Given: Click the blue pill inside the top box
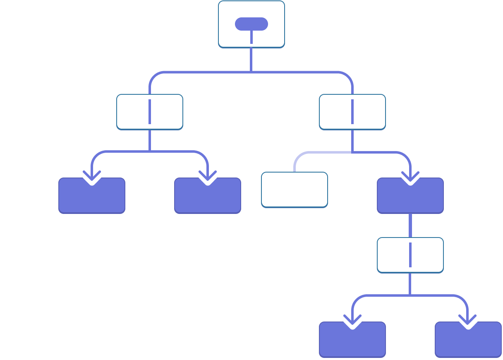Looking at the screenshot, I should [251, 24].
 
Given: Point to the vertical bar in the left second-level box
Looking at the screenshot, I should [149, 112].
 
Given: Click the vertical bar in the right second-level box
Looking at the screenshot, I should [352, 112].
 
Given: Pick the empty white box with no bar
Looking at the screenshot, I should [295, 190].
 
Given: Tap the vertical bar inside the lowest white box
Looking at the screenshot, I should [410, 255].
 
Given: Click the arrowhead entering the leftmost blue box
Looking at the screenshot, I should [91, 178].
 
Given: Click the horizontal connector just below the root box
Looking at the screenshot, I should [251, 72].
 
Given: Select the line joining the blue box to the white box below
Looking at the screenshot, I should [410, 226].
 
